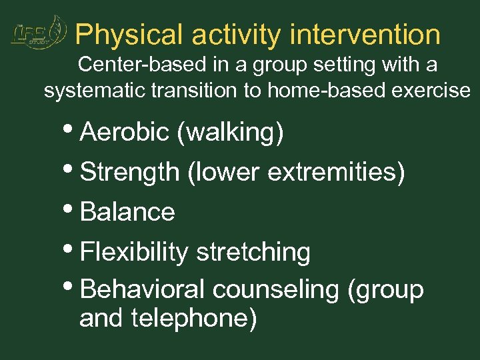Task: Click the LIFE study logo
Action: (x=39, y=33)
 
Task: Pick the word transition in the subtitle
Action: (x=193, y=91)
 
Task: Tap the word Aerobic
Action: (x=124, y=133)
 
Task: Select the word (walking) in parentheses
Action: (x=230, y=133)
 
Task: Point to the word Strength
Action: (x=129, y=172)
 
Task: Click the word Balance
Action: (x=127, y=212)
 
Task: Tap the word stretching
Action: (x=253, y=252)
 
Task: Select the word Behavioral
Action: (x=142, y=290)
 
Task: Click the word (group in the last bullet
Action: (x=385, y=290)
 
